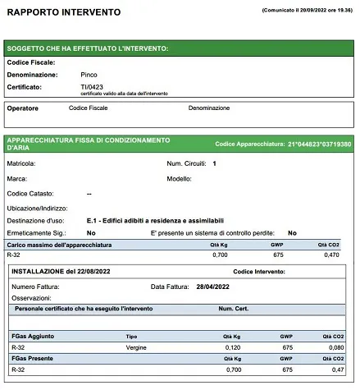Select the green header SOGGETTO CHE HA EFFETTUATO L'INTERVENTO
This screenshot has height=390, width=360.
click(87, 48)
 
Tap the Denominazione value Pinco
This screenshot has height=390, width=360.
click(78, 75)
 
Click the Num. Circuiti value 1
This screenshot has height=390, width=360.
click(214, 163)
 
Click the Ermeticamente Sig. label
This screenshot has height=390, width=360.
click(34, 232)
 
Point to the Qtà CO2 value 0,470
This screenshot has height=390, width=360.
click(343, 255)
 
